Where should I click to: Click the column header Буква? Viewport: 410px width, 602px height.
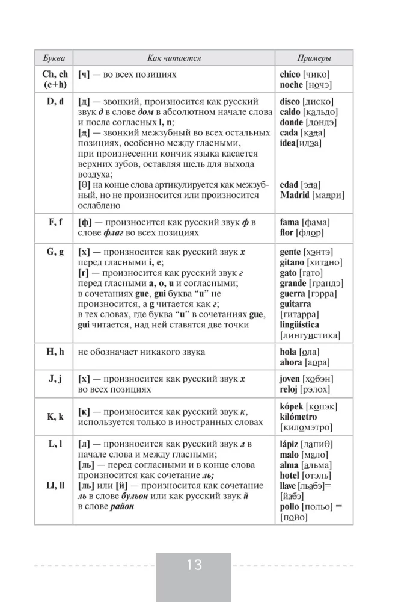point(55,58)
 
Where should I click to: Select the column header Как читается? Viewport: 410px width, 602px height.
point(174,58)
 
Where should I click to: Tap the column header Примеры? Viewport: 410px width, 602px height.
point(314,58)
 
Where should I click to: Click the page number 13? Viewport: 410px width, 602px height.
point(194,565)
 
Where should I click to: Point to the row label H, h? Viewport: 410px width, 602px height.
point(55,352)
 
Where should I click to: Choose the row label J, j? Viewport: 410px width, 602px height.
point(55,379)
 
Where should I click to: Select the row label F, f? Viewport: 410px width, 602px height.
point(55,222)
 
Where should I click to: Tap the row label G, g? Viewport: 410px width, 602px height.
point(55,252)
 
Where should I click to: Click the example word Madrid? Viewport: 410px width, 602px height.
point(295,195)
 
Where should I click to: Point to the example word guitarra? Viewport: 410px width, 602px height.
point(295,305)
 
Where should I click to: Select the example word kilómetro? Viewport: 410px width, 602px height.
point(298,417)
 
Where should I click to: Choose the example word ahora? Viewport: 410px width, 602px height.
point(292,362)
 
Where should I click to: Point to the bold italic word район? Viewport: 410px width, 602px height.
point(122,507)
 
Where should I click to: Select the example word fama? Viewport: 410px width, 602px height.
point(290,222)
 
